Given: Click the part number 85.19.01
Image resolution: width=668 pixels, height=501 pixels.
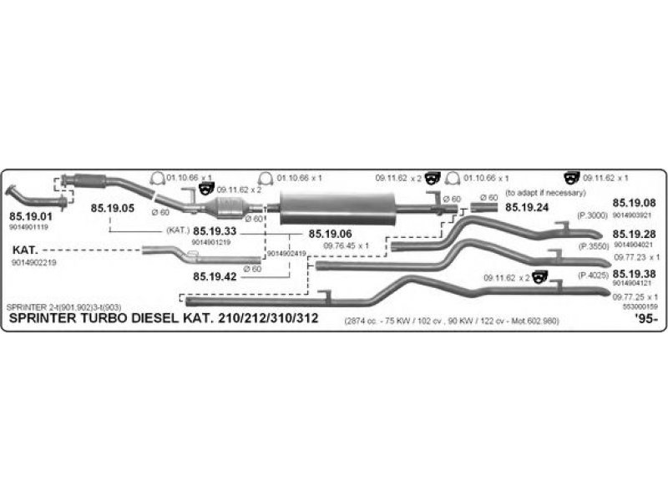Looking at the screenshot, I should (29, 217).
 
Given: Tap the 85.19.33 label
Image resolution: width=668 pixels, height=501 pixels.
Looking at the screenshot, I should (215, 230).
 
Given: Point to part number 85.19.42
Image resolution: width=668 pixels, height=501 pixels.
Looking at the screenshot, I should (215, 276).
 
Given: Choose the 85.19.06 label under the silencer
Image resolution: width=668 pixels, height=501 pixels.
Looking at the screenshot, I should (331, 235).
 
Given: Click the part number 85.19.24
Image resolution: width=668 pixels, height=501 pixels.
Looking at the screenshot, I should (527, 207).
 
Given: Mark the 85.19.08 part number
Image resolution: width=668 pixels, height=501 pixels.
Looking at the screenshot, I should (635, 203).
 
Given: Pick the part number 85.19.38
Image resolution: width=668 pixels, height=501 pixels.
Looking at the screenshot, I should (635, 274).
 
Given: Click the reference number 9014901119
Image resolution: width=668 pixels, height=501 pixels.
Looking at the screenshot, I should (29, 227).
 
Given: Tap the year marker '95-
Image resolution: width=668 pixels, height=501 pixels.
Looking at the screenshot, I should (645, 319).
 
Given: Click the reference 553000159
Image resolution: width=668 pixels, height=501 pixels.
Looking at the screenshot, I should (640, 307).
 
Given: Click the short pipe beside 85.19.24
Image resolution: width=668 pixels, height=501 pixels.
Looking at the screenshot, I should (483, 206).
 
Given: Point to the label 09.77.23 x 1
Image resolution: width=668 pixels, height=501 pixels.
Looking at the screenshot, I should (636, 257).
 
